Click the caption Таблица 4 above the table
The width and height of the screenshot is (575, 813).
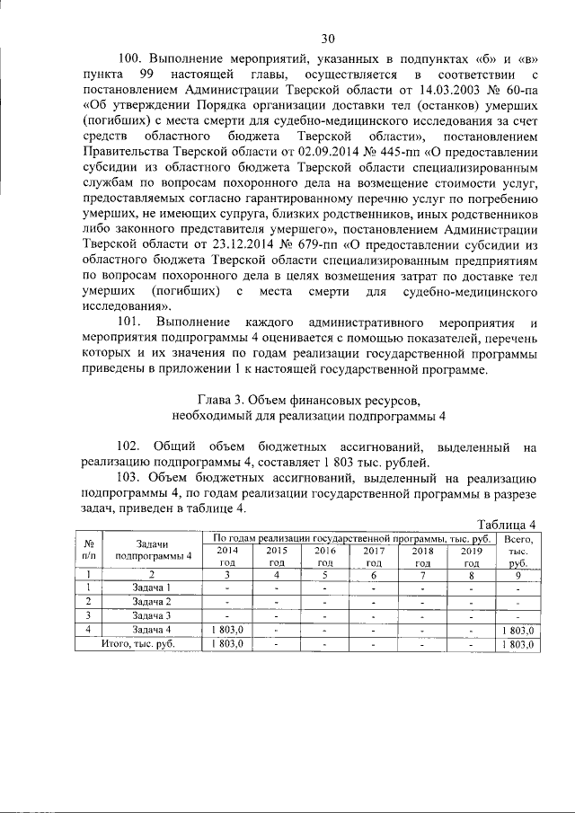coord(507,525)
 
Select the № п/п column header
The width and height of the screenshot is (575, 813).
coord(89,550)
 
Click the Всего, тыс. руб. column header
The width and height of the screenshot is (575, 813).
coord(517,550)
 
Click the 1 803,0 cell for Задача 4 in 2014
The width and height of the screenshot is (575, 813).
coord(226,631)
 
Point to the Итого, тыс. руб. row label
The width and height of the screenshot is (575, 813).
coord(137,644)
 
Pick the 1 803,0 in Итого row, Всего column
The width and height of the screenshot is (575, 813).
coord(517,644)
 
